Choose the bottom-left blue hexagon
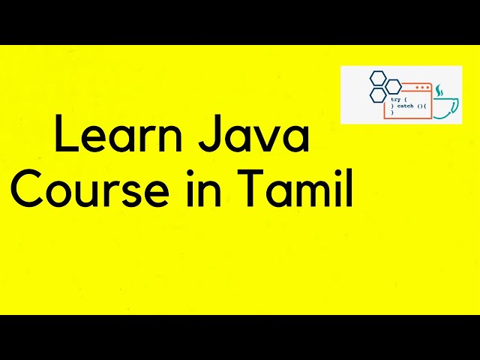[377, 95]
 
